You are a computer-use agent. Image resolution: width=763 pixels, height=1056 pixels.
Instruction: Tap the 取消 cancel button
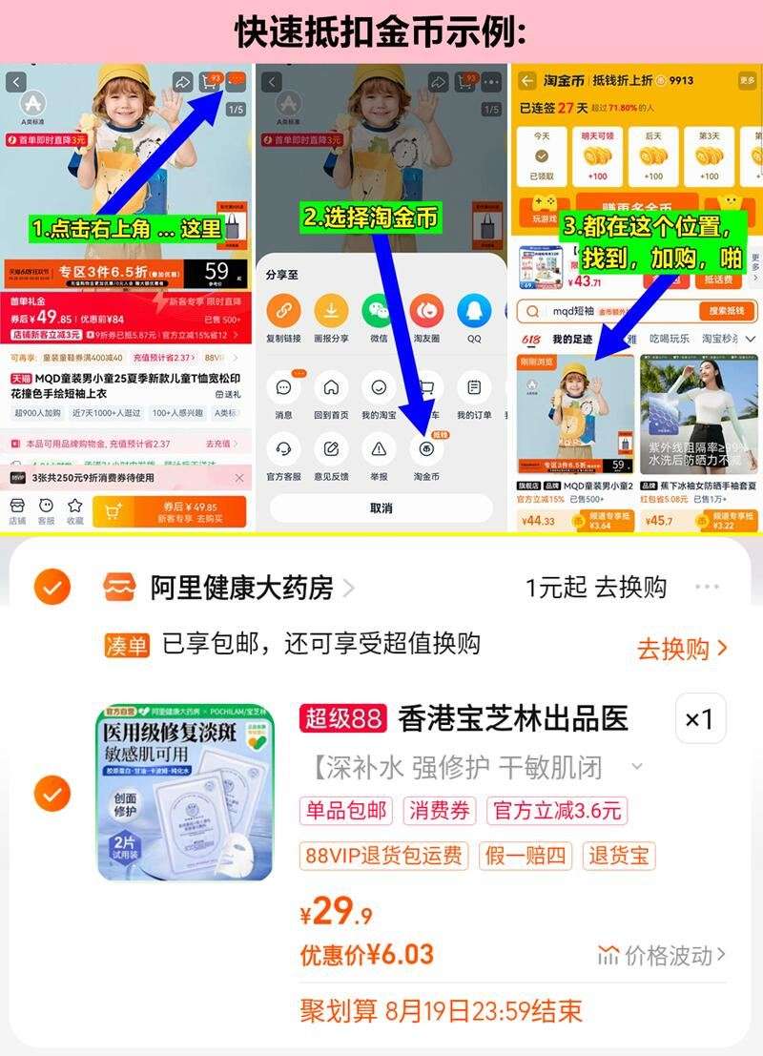point(381,507)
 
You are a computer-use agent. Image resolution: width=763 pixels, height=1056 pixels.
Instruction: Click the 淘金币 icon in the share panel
point(426,449)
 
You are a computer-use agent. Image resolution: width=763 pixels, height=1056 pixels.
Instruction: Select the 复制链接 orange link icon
point(282,311)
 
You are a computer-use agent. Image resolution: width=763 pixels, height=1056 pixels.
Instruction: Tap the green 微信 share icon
point(379,311)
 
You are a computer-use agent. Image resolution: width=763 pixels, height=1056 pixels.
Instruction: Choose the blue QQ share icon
point(474,311)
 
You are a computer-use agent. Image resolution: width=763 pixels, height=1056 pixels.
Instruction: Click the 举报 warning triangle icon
point(379,448)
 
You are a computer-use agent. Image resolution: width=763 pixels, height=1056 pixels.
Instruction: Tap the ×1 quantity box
point(700,717)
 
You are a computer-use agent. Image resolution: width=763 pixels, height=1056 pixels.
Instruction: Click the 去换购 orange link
point(682,649)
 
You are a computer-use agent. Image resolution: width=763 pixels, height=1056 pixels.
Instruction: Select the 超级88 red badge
point(343,717)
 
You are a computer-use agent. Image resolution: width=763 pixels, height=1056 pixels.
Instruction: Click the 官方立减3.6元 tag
point(557,811)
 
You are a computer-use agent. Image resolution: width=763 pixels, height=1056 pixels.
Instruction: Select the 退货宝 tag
point(618,855)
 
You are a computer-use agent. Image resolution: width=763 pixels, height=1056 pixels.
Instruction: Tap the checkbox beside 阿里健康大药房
point(52,587)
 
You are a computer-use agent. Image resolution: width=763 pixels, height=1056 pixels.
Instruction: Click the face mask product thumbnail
point(185,792)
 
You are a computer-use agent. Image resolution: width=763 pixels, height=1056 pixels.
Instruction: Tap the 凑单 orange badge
point(127,646)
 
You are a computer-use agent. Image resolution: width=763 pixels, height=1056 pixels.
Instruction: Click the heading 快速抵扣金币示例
point(381,31)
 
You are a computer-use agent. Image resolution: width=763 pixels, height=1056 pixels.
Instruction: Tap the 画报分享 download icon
point(331,311)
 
